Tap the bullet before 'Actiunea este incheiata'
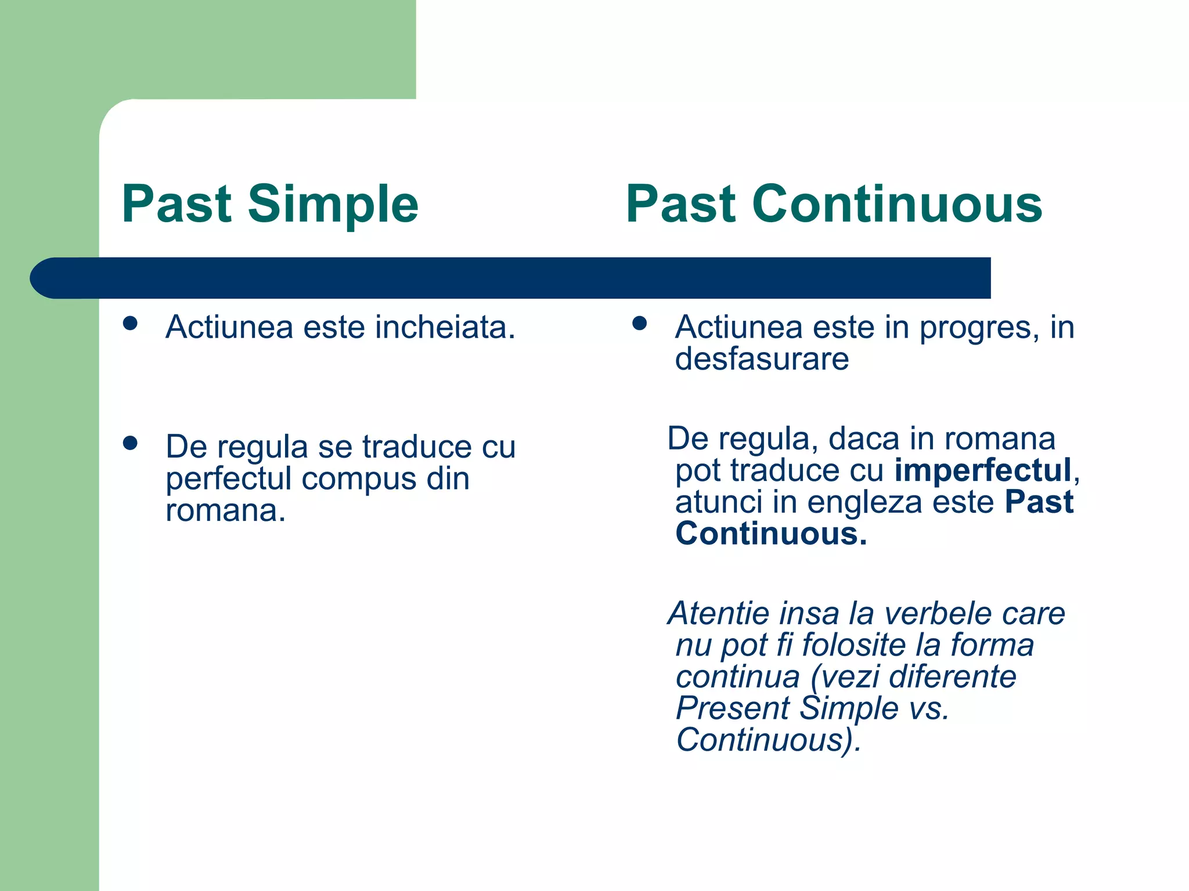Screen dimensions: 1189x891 pyautogui.click(x=131, y=323)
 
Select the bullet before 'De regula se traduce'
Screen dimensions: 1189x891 pyautogui.click(x=131, y=443)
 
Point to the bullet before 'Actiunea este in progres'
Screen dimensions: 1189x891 pyautogui.click(x=640, y=323)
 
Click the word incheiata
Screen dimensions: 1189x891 pyautogui.click(x=445, y=327)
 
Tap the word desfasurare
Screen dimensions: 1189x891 pyautogui.click(x=762, y=358)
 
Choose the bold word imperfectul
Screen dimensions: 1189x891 pyautogui.click(x=983, y=470)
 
